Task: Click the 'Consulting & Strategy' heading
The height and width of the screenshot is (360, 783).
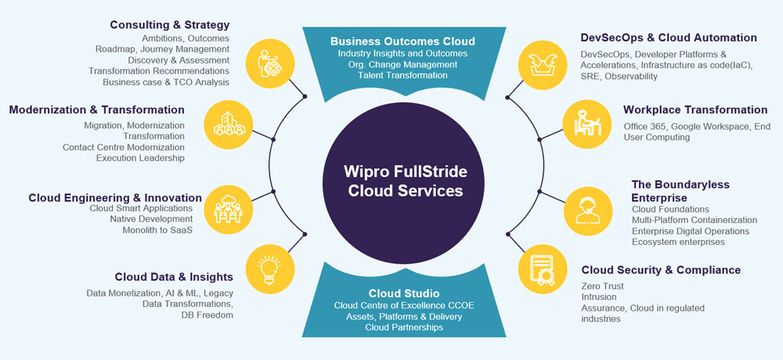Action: click(x=169, y=24)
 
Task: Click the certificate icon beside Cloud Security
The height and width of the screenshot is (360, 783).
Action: click(x=538, y=268)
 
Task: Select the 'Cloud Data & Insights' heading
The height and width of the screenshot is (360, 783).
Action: click(x=174, y=276)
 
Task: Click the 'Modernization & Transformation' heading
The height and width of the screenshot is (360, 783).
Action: click(x=97, y=110)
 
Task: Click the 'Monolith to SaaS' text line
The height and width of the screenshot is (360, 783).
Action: click(x=157, y=230)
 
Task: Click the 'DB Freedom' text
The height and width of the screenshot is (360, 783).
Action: click(x=206, y=315)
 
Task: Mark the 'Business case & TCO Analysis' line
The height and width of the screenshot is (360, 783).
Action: click(x=166, y=81)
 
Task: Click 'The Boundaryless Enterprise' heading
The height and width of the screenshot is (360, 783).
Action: click(x=680, y=191)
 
